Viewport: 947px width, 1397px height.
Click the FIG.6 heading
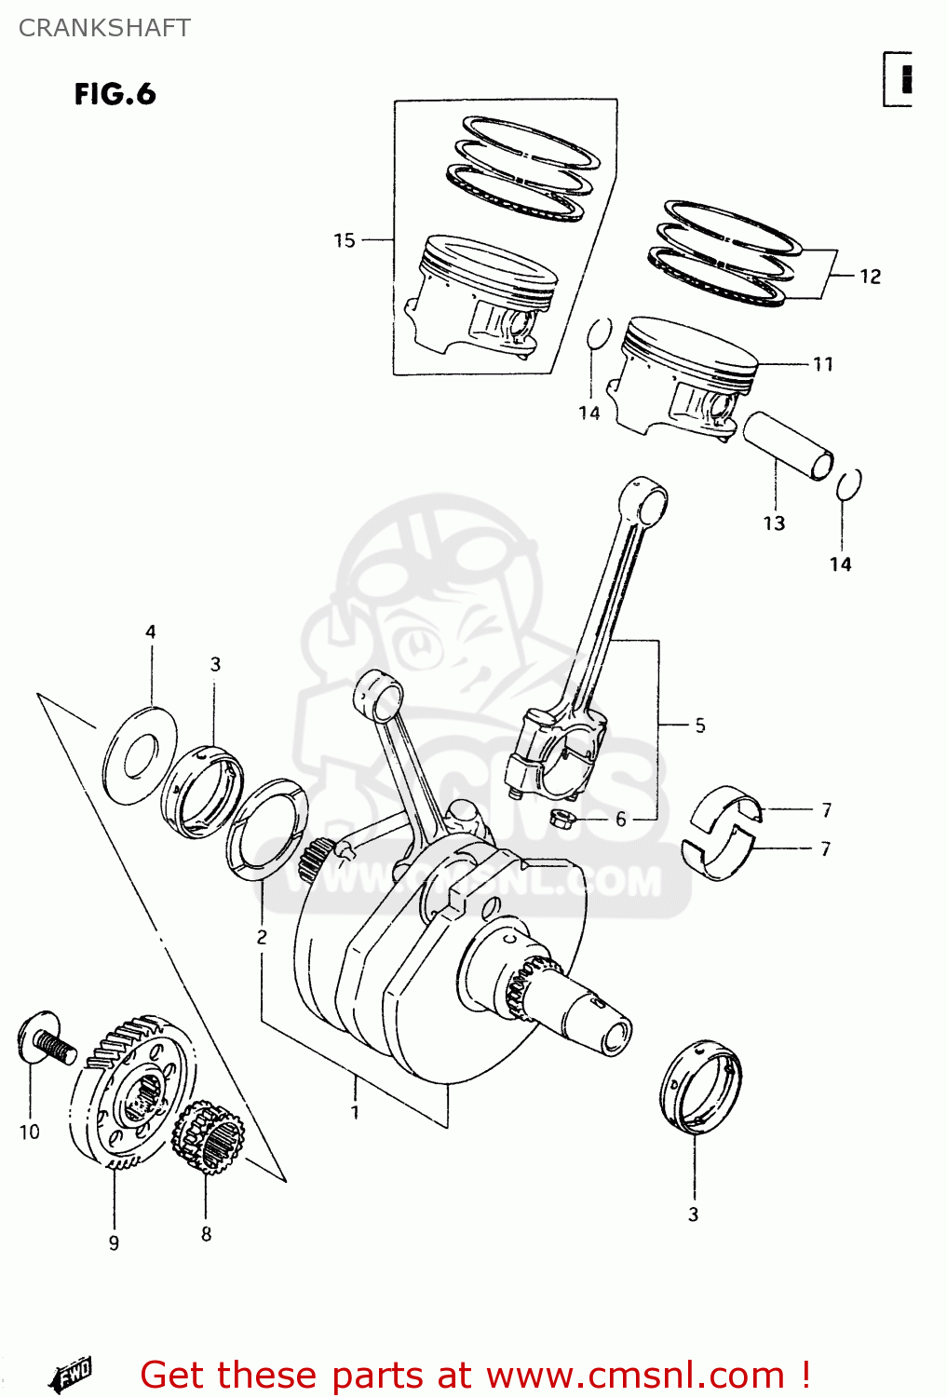(115, 94)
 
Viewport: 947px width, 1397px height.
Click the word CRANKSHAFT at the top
(104, 28)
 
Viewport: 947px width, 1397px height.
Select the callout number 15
(345, 240)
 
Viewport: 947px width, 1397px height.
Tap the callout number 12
(870, 277)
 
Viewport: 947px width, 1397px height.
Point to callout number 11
(823, 364)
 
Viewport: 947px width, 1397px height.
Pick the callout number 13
(774, 523)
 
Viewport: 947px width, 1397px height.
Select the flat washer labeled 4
(140, 755)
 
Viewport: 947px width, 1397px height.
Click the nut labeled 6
(561, 820)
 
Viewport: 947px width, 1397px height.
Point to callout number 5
(700, 725)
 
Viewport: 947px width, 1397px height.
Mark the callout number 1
(355, 1111)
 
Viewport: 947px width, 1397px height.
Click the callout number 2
(262, 936)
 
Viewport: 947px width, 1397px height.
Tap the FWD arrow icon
(72, 1373)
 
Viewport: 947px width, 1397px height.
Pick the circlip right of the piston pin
(848, 485)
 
